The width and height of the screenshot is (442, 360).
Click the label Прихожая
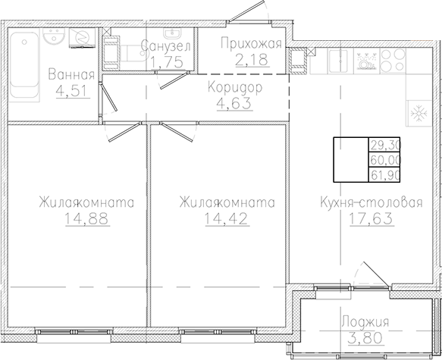pos(251,43)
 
